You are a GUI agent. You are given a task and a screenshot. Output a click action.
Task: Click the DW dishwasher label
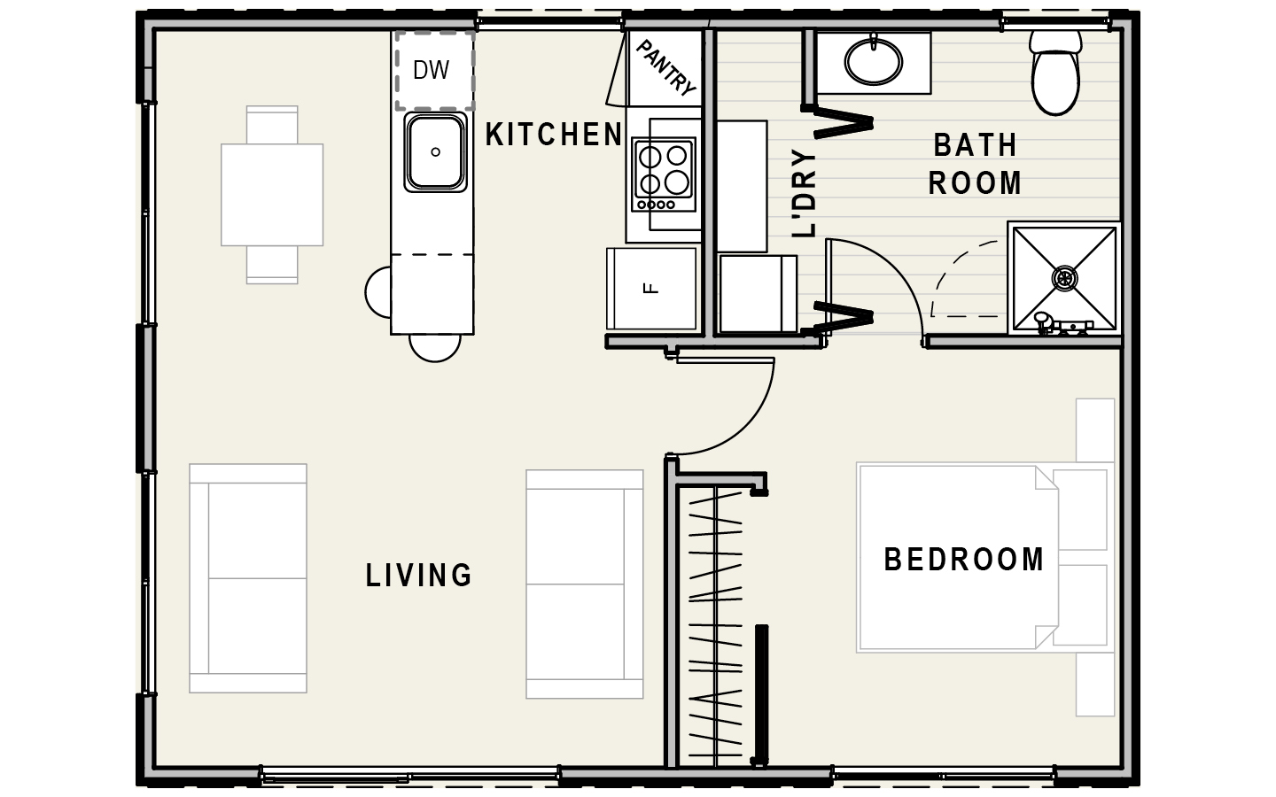(x=432, y=70)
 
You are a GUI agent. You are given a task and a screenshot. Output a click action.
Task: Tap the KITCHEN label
(x=554, y=135)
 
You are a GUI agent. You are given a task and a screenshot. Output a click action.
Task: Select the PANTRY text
(x=665, y=68)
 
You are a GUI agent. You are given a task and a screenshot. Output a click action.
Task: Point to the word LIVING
(x=418, y=575)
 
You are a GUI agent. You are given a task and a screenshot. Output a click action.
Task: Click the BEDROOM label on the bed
(x=964, y=559)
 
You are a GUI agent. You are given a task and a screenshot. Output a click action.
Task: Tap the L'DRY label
(x=805, y=194)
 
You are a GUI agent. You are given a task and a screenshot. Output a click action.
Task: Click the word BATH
(x=976, y=145)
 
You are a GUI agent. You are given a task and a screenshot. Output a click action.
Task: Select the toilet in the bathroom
(x=1055, y=73)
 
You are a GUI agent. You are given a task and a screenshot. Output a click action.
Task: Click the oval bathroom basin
(x=874, y=61)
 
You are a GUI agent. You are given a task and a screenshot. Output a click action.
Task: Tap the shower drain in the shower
(x=1065, y=278)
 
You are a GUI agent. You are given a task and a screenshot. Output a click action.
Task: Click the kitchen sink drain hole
(x=436, y=152)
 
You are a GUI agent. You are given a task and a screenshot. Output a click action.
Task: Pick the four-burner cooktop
(x=664, y=174)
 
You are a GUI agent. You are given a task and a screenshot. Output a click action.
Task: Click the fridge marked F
(x=651, y=289)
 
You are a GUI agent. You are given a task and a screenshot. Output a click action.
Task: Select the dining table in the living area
(x=272, y=195)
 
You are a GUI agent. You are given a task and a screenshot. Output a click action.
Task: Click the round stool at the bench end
(x=434, y=347)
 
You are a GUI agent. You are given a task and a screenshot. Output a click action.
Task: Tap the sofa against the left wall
(x=248, y=578)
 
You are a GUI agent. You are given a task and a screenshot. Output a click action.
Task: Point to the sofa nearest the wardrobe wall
(x=585, y=584)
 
